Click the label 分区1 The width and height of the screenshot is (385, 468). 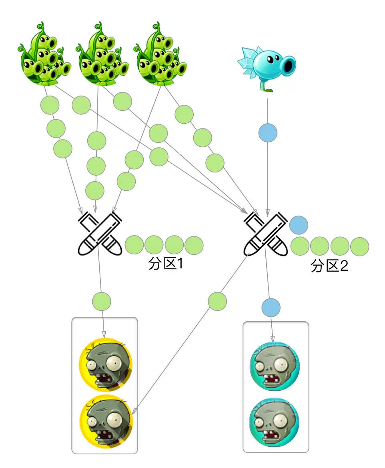coord(165,264)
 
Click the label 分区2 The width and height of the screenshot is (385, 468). coord(329,266)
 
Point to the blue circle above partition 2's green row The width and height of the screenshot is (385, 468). coord(299,225)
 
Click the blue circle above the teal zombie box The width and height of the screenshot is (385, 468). coord(271,308)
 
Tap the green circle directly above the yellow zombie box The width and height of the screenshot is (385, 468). coord(102,301)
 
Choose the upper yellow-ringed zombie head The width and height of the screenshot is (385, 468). coord(106,364)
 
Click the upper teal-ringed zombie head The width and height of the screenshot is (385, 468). coord(275,366)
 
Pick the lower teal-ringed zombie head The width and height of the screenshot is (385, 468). coord(275,422)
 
